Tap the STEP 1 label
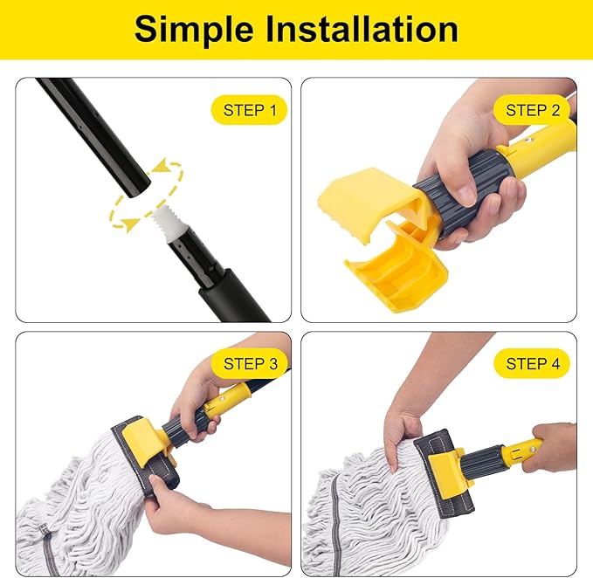click(249, 110)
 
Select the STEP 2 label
click(532, 110)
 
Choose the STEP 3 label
click(249, 363)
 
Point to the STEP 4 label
click(532, 363)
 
